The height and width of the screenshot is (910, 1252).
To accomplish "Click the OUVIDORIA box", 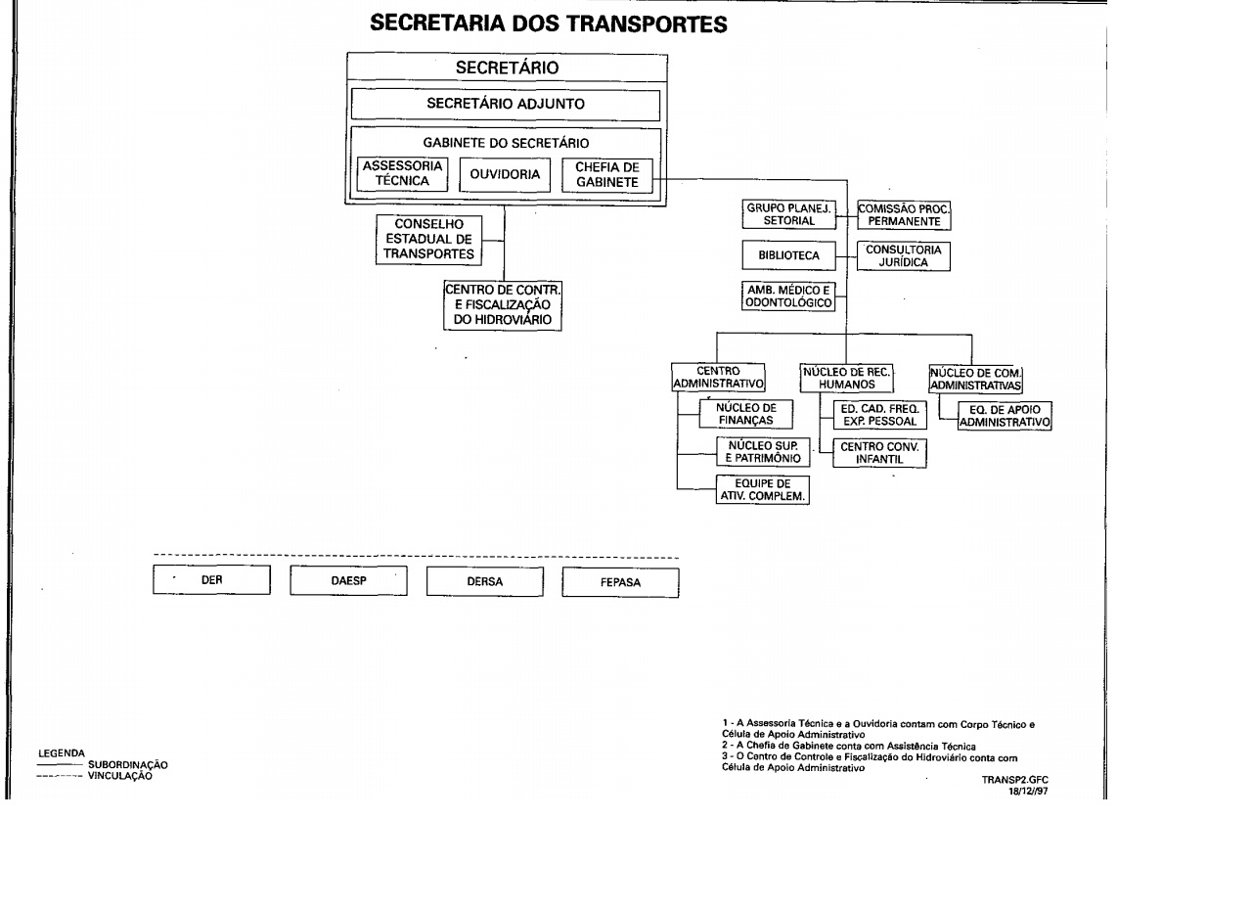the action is pyautogui.click(x=505, y=175).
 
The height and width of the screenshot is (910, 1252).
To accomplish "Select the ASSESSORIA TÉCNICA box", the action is pyautogui.click(x=402, y=174).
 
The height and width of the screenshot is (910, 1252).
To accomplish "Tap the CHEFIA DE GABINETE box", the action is pyautogui.click(x=607, y=175).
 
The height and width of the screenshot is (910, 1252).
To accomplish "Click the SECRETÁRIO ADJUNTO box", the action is pyautogui.click(x=506, y=105).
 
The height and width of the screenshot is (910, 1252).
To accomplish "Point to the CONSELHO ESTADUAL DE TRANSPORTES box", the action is pyautogui.click(x=428, y=240).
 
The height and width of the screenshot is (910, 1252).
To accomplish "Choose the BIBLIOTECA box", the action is pyautogui.click(x=788, y=255).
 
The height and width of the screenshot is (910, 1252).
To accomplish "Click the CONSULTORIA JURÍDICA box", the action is pyautogui.click(x=903, y=256).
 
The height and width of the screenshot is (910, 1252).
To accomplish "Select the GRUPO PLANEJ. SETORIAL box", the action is pyautogui.click(x=788, y=214).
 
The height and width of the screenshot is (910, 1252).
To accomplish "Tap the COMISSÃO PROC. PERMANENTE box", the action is pyautogui.click(x=904, y=215).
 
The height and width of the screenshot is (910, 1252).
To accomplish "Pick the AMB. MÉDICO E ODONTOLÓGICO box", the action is pyautogui.click(x=788, y=296).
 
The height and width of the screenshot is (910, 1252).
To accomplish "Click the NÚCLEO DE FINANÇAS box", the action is pyautogui.click(x=745, y=414).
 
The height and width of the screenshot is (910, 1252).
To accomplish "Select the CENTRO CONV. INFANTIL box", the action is pyautogui.click(x=879, y=453).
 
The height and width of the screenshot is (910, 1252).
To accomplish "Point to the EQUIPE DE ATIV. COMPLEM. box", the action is pyautogui.click(x=762, y=489).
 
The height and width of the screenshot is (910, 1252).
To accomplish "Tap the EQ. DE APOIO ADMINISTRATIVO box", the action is pyautogui.click(x=1005, y=416).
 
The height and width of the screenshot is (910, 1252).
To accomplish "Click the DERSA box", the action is pyautogui.click(x=484, y=581).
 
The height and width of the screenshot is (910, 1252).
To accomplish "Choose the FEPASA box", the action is pyautogui.click(x=620, y=582).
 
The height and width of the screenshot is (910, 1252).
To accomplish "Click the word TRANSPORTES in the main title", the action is pyautogui.click(x=647, y=24).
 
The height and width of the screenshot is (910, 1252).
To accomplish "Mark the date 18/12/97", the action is pyautogui.click(x=1028, y=791).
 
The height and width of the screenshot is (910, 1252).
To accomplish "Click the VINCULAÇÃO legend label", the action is pyautogui.click(x=119, y=776).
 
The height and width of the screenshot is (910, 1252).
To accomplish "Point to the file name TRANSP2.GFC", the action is pyautogui.click(x=1014, y=780).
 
